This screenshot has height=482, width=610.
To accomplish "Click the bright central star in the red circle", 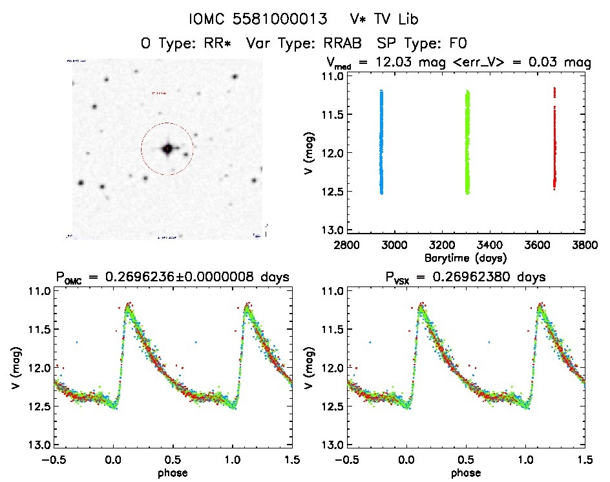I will (x=167, y=148).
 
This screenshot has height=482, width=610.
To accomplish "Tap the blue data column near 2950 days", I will (x=381, y=142).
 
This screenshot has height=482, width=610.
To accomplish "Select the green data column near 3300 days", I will (x=467, y=142).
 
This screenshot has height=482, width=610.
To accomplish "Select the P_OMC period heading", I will (x=172, y=277).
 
